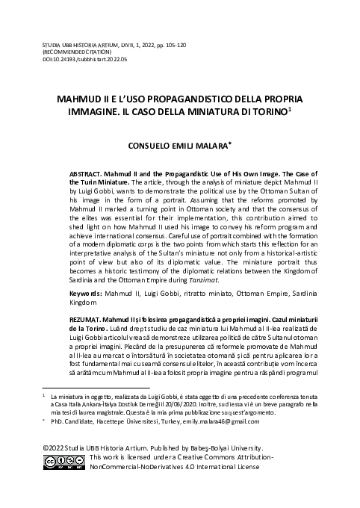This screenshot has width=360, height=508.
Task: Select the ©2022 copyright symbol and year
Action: coord(58,447)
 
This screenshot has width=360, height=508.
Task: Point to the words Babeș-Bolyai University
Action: coord(229,447)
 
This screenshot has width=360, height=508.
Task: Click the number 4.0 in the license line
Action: coord(188,468)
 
